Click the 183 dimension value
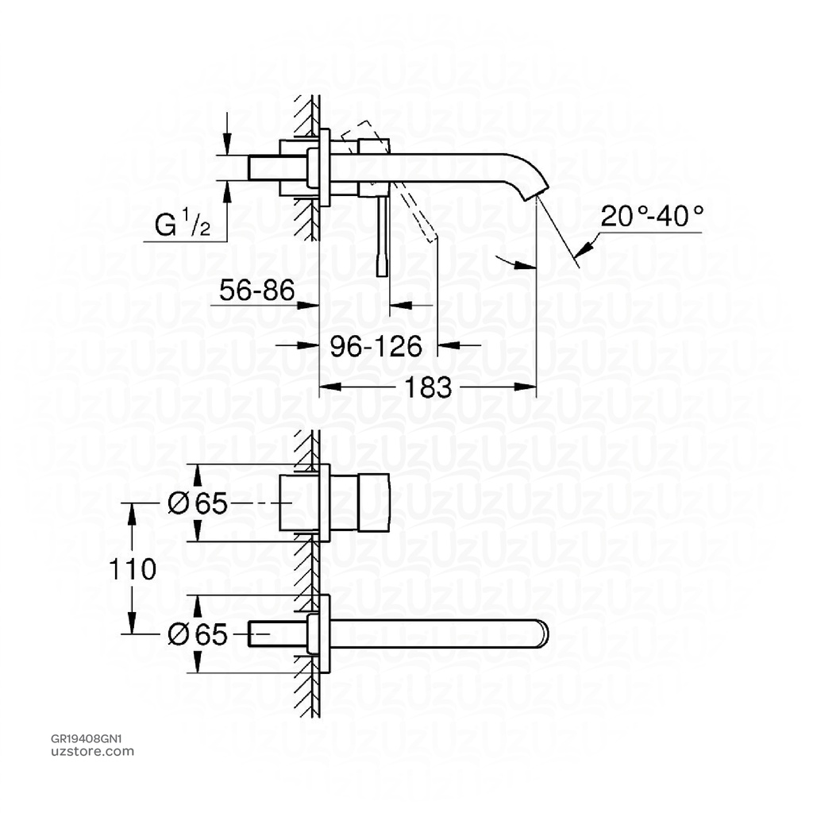429,388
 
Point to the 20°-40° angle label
652,216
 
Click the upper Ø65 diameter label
198,503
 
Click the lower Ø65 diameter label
198,634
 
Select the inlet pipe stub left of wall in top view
278,168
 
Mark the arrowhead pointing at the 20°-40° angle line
584,250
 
